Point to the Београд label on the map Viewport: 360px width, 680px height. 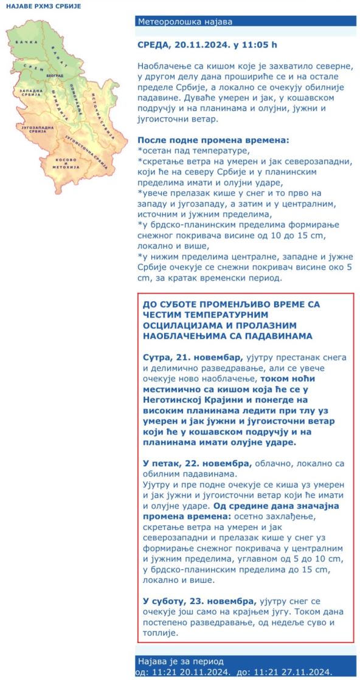point(55,75)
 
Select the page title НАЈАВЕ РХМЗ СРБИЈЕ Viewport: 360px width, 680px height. point(43,6)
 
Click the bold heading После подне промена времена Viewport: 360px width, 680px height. point(213,140)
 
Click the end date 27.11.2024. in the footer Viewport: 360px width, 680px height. point(300,672)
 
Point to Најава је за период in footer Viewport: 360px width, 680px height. point(181,661)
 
